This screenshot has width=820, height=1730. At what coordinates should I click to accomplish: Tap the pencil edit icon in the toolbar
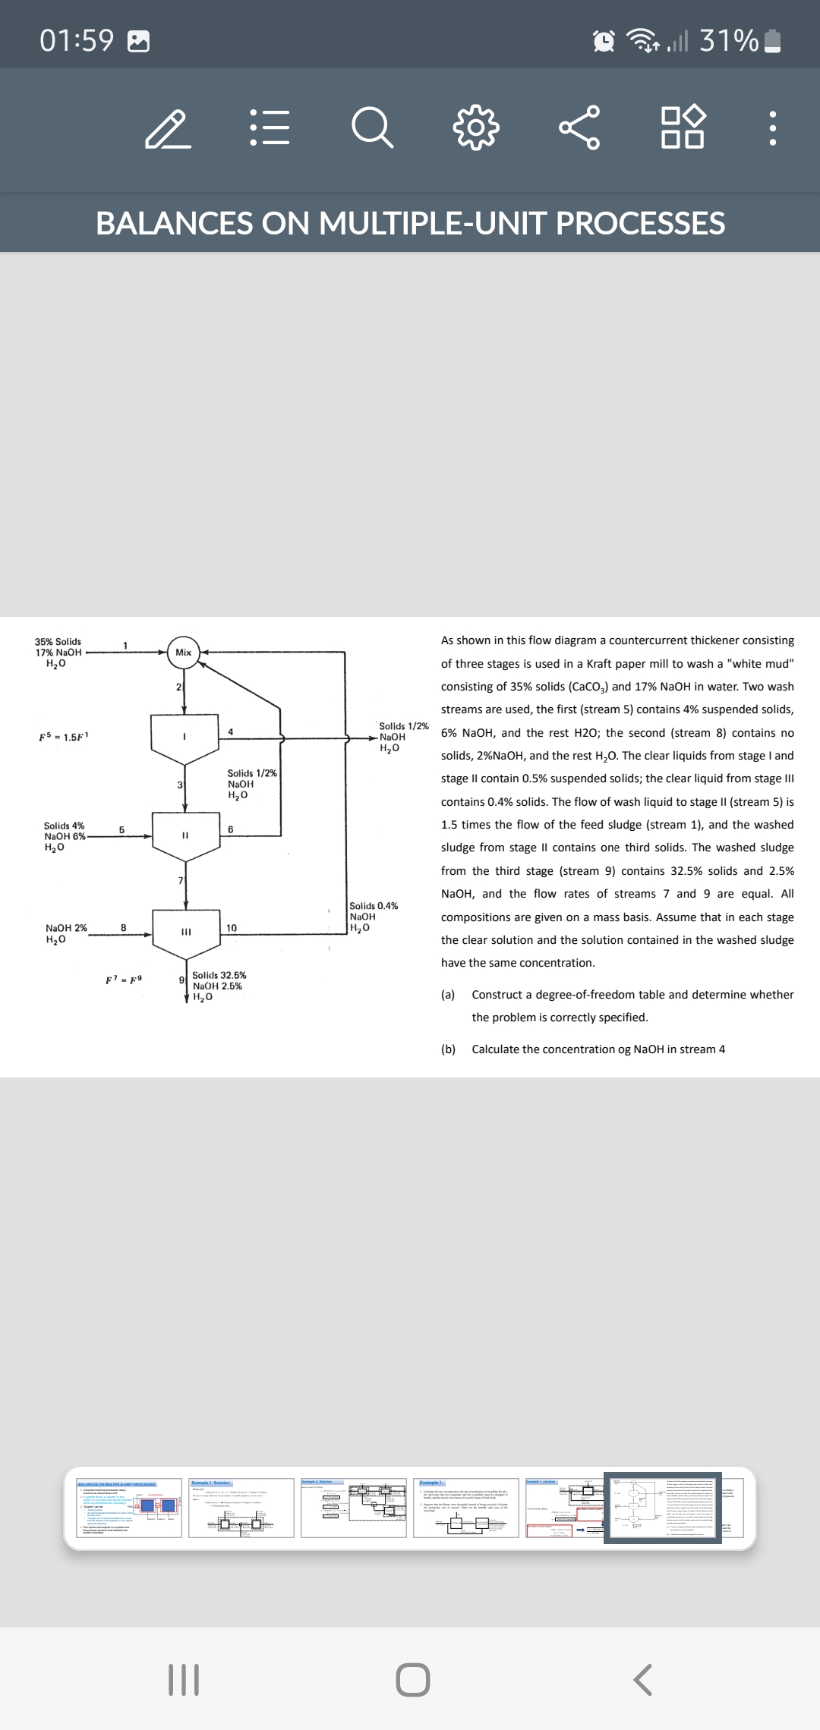tap(168, 129)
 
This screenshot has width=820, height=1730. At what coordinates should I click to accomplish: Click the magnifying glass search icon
tap(373, 127)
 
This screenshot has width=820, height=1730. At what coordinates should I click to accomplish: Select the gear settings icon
tap(476, 127)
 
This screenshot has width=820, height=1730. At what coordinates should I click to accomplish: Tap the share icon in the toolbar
tap(579, 127)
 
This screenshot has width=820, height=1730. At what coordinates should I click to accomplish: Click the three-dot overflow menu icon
tap(772, 129)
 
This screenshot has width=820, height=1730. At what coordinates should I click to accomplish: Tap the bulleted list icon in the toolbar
tap(270, 127)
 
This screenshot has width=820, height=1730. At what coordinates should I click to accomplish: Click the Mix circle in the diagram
tap(184, 653)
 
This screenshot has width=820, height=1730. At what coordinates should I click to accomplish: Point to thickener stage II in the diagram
tap(184, 835)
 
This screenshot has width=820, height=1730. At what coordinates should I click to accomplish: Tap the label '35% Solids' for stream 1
tap(58, 642)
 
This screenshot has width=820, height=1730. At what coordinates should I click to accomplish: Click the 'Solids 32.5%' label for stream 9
tap(219, 975)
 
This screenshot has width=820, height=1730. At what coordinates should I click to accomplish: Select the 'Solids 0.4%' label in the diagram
tap(374, 906)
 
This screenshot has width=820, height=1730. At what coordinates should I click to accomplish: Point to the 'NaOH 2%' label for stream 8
tap(67, 928)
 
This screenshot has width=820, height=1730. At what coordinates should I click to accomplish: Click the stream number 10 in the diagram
tap(232, 928)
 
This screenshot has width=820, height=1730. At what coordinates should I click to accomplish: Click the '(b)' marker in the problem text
tap(448, 1049)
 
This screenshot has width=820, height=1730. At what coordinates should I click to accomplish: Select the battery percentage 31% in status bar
tap(729, 40)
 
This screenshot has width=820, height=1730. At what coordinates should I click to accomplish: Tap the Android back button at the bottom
tap(642, 1680)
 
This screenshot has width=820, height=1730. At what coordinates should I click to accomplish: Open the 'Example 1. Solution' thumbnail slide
tap(241, 1508)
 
